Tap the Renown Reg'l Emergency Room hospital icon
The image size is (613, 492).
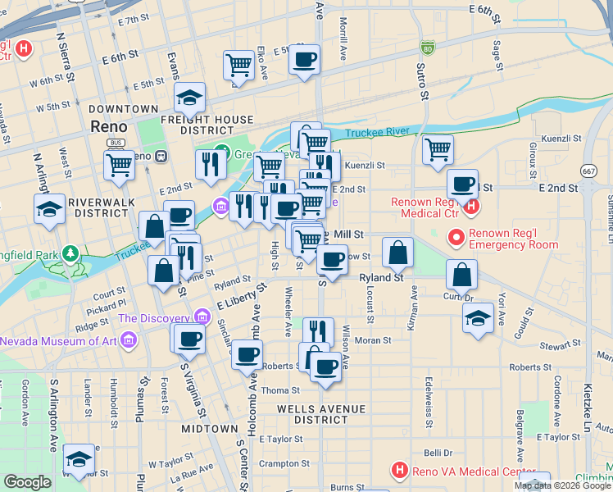coord(456,239)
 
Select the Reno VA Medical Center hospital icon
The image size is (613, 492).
coord(399,471)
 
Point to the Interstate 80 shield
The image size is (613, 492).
coord(427,48)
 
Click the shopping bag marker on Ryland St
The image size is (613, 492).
coord(397,254)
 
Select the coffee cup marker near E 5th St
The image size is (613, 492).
coord(305,60)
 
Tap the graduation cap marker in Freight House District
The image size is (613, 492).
coord(189,98)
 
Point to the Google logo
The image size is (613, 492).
coord(28,482)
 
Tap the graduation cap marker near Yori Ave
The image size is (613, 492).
coord(478,319)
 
